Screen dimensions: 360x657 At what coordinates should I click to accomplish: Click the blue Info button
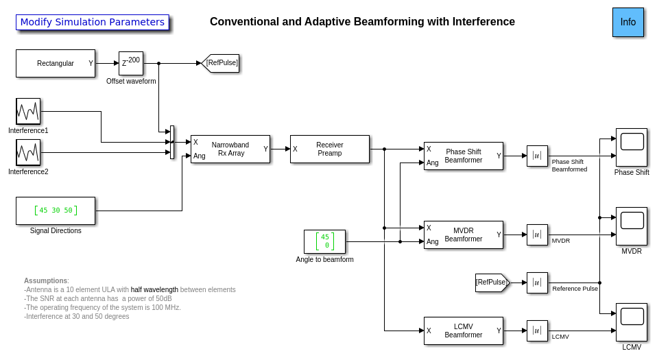(628, 22)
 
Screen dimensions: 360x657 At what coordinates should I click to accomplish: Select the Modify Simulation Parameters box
(93, 22)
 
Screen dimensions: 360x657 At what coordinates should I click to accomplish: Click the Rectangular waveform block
(56, 63)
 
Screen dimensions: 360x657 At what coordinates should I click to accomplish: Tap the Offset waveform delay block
(131, 63)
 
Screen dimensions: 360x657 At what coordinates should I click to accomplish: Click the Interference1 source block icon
(28, 111)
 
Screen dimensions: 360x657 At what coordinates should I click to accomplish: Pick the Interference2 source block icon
(28, 152)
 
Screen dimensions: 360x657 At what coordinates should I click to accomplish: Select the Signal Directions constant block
(56, 211)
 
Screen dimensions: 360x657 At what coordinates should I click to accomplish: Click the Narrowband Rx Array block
(230, 149)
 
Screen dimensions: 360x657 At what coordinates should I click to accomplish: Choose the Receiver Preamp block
(330, 149)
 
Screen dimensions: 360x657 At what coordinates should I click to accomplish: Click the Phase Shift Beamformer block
(464, 156)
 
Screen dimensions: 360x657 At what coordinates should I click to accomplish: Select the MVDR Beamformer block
(464, 235)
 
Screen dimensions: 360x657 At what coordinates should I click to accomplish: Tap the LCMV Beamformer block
(464, 331)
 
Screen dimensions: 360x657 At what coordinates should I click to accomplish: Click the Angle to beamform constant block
(324, 241)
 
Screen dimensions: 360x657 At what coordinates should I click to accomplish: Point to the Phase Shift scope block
(632, 147)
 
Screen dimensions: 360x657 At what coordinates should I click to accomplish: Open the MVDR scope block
(632, 226)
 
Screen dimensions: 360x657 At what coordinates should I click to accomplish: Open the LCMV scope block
(632, 322)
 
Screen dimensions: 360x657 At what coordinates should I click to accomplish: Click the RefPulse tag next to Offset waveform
(221, 63)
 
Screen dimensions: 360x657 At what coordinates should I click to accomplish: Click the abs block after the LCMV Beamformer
(537, 331)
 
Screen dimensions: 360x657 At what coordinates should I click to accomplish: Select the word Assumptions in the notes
(45, 280)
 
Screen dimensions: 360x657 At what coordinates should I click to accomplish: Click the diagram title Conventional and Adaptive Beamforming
(362, 22)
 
